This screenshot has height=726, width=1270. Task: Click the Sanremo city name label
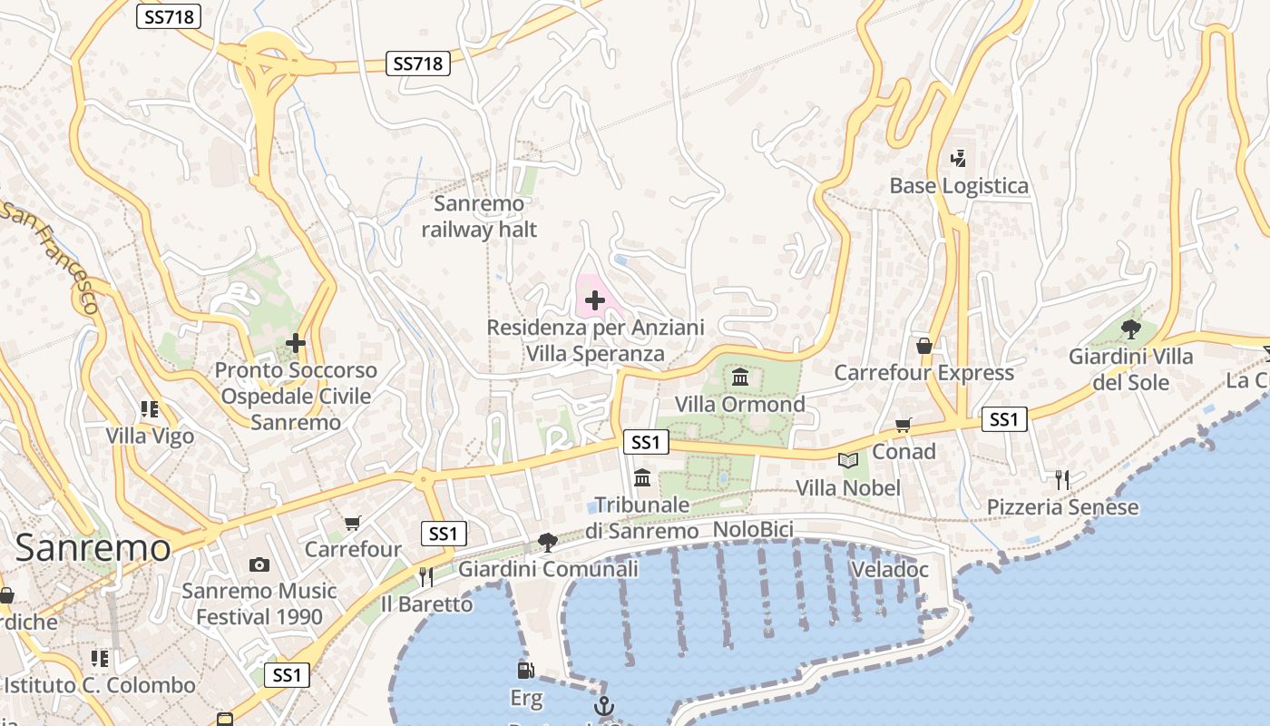[93, 547]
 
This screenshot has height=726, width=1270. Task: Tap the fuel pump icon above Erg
[525, 671]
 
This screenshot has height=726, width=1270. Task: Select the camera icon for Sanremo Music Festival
[259, 564]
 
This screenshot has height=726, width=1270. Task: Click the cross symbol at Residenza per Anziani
[595, 299]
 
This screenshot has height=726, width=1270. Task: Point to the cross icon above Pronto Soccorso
[295, 343]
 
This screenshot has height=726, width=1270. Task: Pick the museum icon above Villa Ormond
[740, 377]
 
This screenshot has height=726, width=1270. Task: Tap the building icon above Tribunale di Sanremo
[642, 477]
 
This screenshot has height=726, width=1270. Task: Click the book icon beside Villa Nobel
[848, 461]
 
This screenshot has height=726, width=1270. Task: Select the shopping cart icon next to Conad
[903, 425]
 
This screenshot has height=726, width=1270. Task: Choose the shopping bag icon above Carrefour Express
[923, 346]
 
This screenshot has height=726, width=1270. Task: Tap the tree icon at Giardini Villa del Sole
[1130, 329]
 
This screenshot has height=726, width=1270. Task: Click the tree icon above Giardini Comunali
[547, 543]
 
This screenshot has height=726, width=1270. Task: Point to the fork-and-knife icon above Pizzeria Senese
[1062, 479]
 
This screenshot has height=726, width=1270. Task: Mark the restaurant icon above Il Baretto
[425, 576]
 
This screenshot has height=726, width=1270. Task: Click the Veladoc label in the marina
[890, 569]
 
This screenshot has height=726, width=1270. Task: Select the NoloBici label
[753, 529]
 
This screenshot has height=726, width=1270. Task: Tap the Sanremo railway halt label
[479, 216]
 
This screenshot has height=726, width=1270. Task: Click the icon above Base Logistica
[958, 159]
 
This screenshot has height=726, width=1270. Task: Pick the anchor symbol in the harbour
[603, 705]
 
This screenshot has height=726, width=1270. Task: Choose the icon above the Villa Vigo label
[150, 409]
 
